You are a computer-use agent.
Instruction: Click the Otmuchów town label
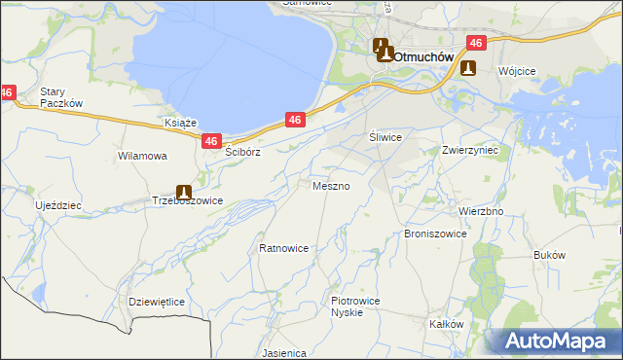coord(423,56)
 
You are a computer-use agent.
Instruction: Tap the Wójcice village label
coord(518,72)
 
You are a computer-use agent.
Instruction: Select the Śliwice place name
coord(385,138)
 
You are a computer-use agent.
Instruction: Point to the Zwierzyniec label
coord(469,151)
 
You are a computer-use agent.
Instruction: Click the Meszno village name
coord(330,185)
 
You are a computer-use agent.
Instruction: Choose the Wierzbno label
coord(480,210)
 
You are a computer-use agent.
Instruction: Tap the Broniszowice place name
coord(435,234)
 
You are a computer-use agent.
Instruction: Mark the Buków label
coord(550,255)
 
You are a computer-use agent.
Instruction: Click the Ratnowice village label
coord(283,248)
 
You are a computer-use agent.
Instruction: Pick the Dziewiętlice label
coord(157,302)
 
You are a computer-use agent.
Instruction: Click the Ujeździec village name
coord(58,206)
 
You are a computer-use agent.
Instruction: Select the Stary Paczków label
coord(59,98)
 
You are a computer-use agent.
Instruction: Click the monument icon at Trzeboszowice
coord(183,193)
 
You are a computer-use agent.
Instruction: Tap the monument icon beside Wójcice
coord(468,69)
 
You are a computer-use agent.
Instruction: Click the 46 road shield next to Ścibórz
coord(212,142)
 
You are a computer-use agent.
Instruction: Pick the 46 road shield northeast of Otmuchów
coord(475,43)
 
